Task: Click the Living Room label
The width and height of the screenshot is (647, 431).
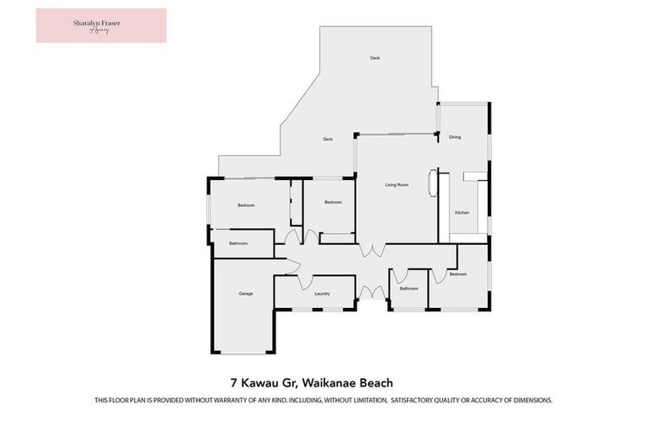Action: pos(397,184)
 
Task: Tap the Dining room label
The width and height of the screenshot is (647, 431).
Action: pos(455,137)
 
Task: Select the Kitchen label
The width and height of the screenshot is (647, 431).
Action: pos(462,213)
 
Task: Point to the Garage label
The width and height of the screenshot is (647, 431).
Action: pos(245,293)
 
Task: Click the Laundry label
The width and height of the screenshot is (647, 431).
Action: pos(322,294)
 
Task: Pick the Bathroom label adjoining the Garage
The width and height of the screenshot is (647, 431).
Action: pos(238,243)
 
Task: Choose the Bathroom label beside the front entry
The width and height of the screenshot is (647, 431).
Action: pos(409,288)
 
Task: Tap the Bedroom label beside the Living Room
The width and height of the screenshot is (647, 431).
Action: pos(334,202)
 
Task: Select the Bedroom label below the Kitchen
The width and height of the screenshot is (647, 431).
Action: pos(457,274)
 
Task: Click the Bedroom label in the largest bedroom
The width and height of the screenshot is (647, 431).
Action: pos(246,205)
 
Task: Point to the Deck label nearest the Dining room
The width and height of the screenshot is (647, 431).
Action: pos(375,58)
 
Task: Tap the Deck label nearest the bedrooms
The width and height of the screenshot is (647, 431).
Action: pos(329,139)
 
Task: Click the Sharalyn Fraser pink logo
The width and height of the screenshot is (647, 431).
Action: pos(101,25)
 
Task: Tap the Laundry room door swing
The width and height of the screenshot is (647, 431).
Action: pos(307,282)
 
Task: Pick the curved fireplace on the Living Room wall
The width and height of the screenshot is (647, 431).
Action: pos(434,183)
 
